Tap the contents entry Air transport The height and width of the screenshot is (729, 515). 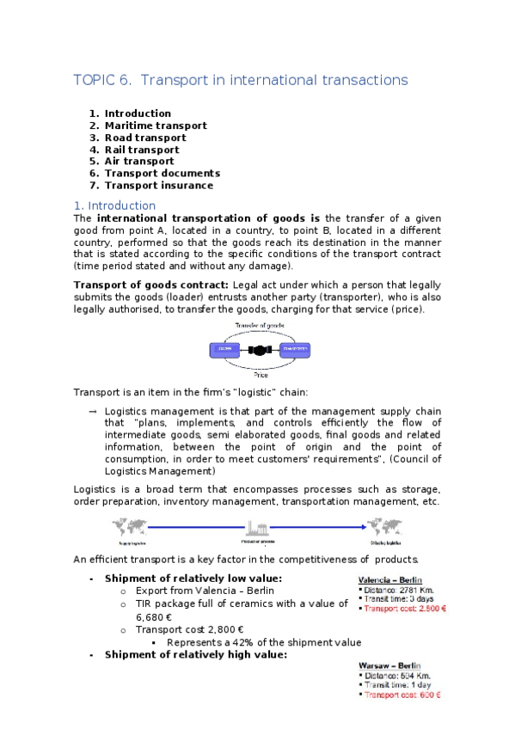(x=139, y=161)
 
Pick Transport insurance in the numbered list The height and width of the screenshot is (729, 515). (x=159, y=185)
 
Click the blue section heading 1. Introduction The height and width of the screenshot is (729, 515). (x=114, y=205)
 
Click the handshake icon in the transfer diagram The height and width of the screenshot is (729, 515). (x=256, y=351)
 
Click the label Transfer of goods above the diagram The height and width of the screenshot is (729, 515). (x=258, y=327)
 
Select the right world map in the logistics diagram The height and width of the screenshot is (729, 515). (x=385, y=526)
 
